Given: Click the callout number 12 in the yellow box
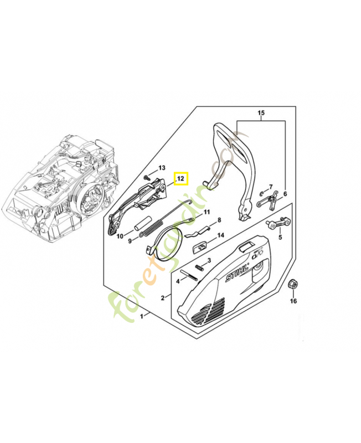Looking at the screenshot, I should pyautogui.click(x=181, y=179).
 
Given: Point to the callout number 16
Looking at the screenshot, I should pyautogui.click(x=293, y=302).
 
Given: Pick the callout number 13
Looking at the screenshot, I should pyautogui.click(x=162, y=167).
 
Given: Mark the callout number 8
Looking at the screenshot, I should pyautogui.click(x=219, y=220).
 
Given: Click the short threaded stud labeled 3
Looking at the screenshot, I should pyautogui.click(x=201, y=269).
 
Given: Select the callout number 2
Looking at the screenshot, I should pyautogui.click(x=163, y=298).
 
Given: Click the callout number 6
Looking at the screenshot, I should pyautogui.click(x=285, y=194).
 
